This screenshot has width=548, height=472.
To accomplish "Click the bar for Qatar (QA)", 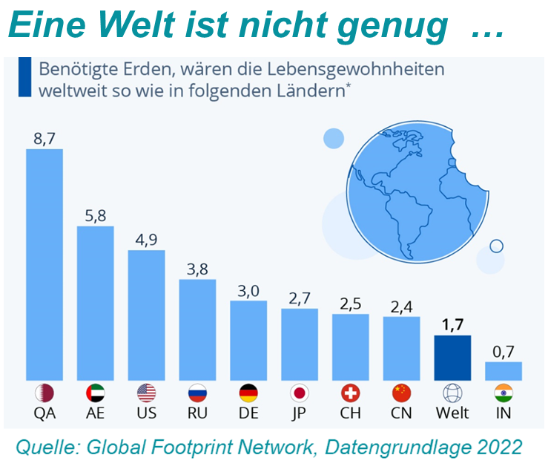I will (44, 264).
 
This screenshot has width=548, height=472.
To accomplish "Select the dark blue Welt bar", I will (452, 357).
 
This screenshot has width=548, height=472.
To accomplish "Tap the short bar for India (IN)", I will (504, 370).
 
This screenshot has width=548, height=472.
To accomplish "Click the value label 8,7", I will (44, 139).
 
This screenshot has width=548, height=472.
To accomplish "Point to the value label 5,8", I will (96, 216).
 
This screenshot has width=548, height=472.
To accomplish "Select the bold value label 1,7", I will (452, 325).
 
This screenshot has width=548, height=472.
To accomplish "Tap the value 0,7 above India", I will (504, 352).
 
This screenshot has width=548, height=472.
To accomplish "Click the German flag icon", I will (248, 393).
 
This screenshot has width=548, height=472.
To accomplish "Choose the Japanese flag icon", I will (300, 393).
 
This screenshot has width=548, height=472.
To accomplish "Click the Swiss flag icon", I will (350, 393).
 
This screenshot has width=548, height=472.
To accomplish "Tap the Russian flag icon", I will (197, 393).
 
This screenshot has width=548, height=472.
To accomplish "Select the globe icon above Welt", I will (452, 393).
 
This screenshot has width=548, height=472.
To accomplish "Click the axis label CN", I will (401, 413).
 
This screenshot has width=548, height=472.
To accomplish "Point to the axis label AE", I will (96, 413).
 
